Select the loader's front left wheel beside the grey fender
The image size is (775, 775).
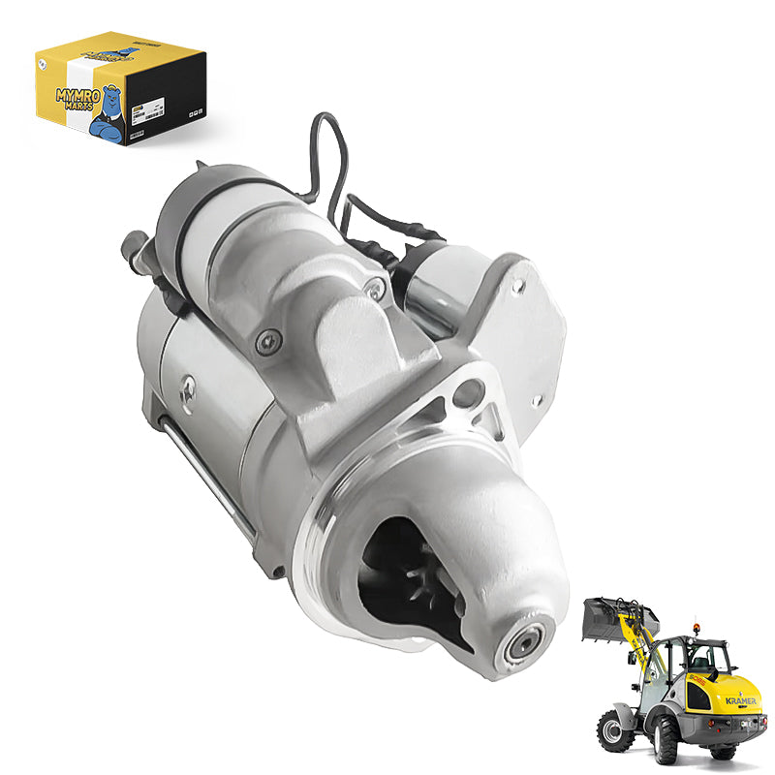(x=613, y=728)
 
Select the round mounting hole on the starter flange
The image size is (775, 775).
(x=469, y=392)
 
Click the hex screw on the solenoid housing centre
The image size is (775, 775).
(x=268, y=339)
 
